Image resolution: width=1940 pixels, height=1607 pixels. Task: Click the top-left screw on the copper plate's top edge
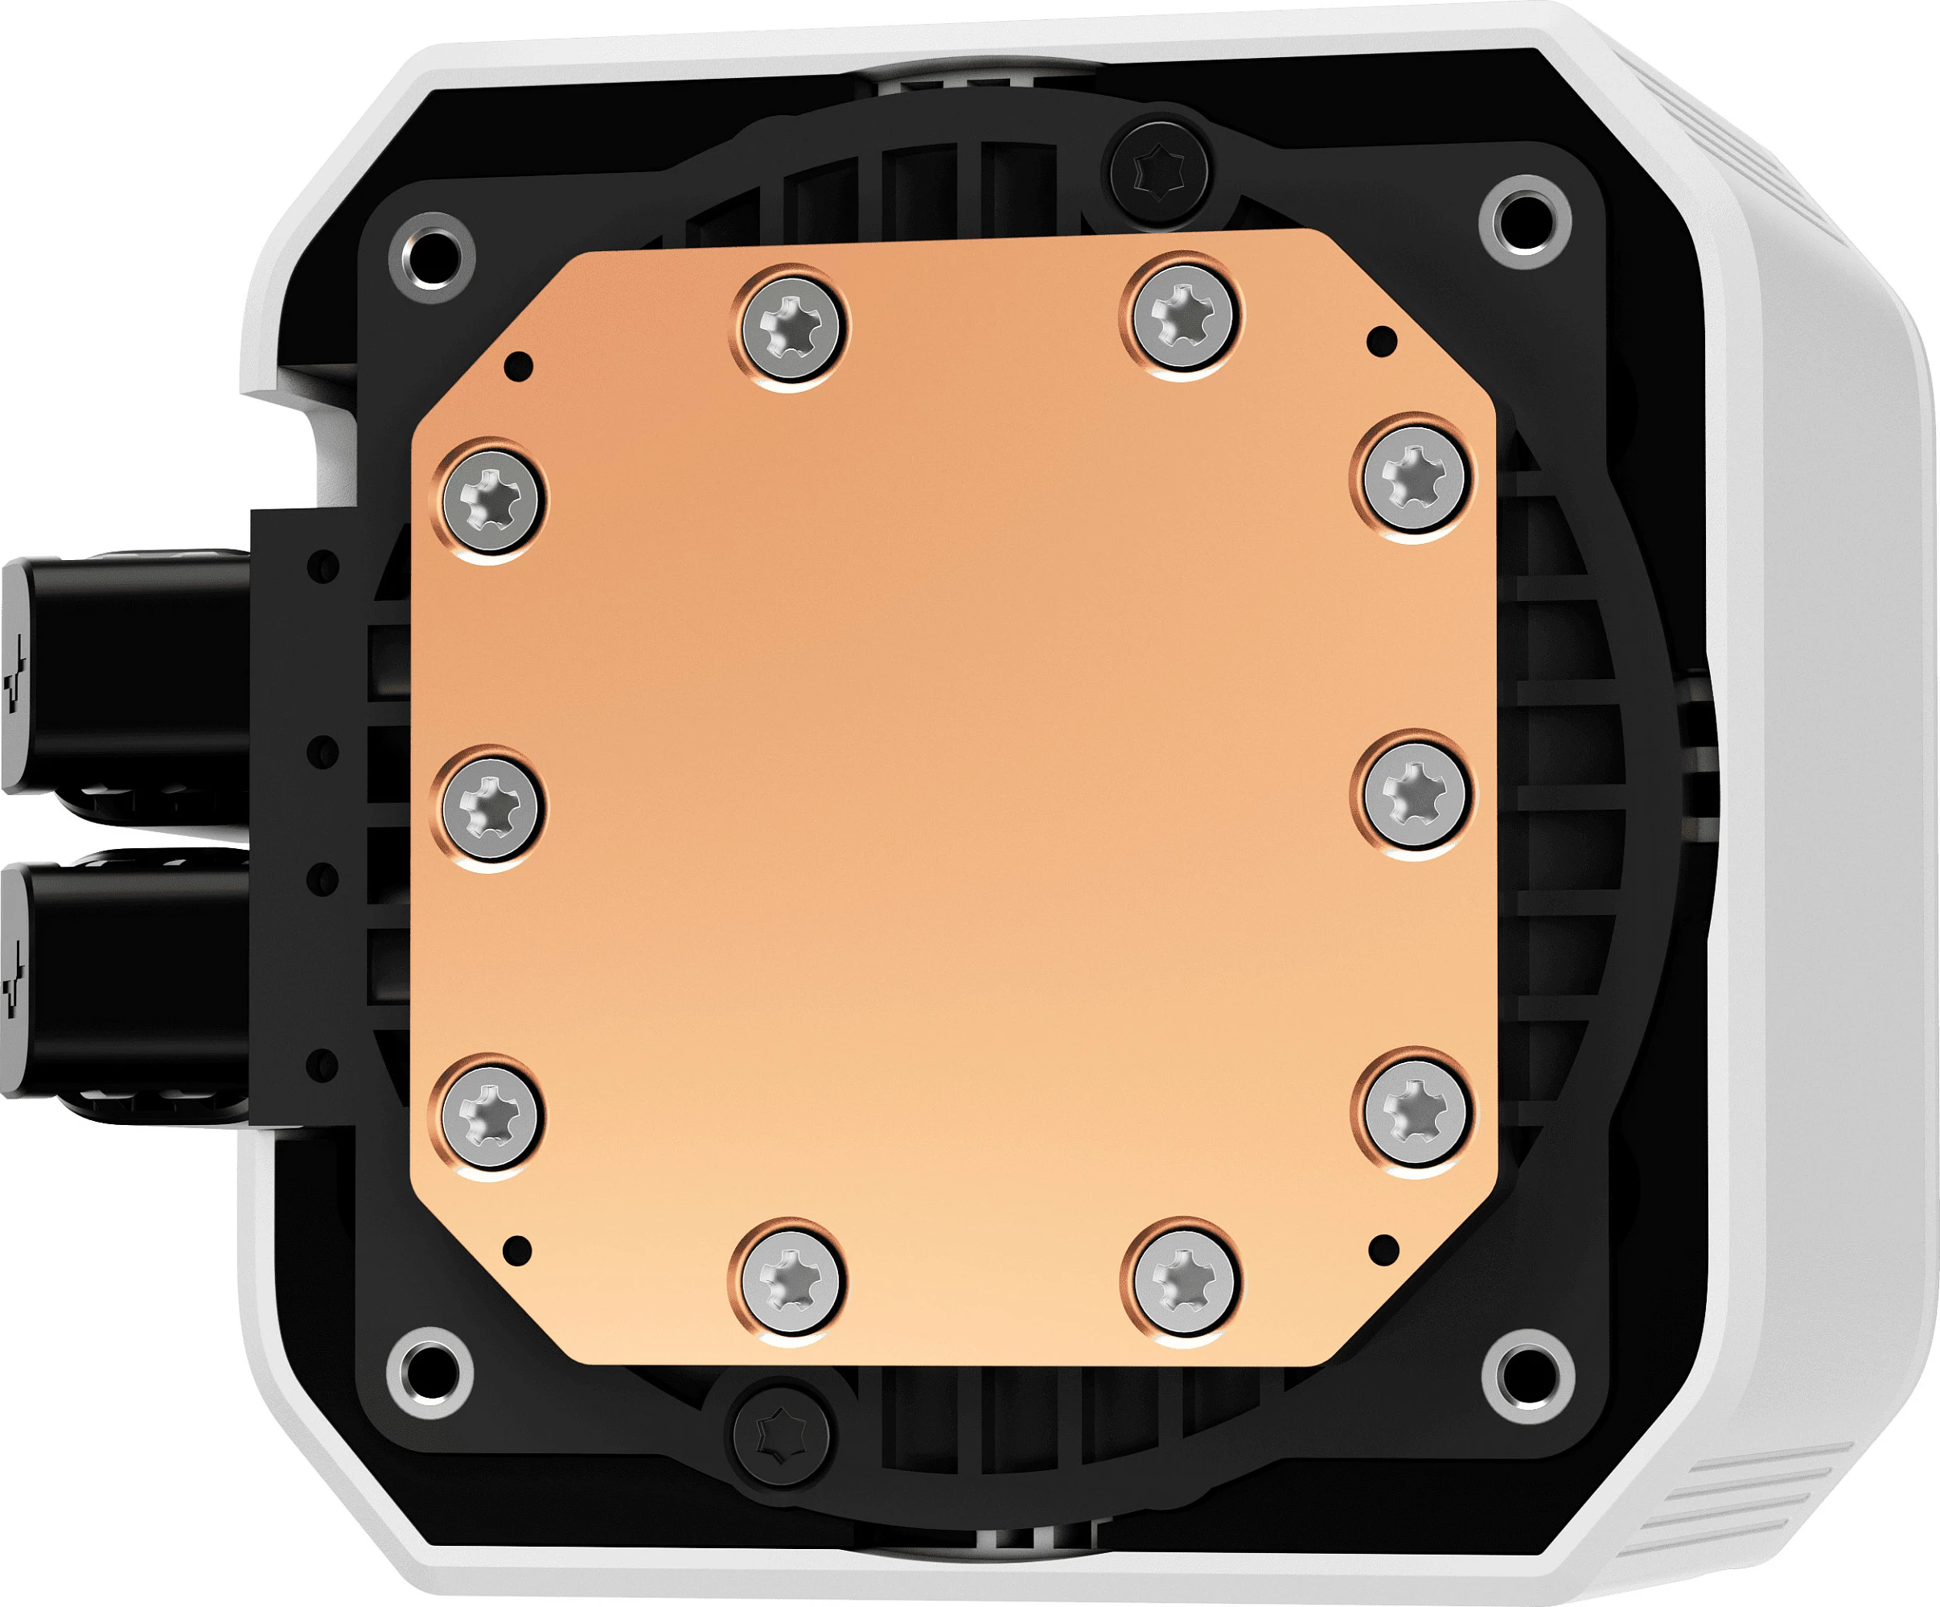[x=791, y=328]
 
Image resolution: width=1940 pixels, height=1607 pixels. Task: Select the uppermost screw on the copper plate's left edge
[x=490, y=500]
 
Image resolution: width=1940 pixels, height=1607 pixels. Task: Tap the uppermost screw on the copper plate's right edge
[x=1413, y=477]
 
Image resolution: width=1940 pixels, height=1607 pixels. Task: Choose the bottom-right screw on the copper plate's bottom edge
[x=1183, y=1279]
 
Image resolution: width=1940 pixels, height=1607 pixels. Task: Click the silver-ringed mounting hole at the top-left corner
[x=433, y=256]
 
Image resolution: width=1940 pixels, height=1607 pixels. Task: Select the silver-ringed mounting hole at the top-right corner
[x=1524, y=222]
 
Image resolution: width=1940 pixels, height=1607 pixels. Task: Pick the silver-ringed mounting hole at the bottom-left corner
[x=430, y=1373]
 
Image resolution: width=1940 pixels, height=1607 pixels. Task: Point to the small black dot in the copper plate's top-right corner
[x=1382, y=342]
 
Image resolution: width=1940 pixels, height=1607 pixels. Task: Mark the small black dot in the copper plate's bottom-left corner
[x=517, y=1251]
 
